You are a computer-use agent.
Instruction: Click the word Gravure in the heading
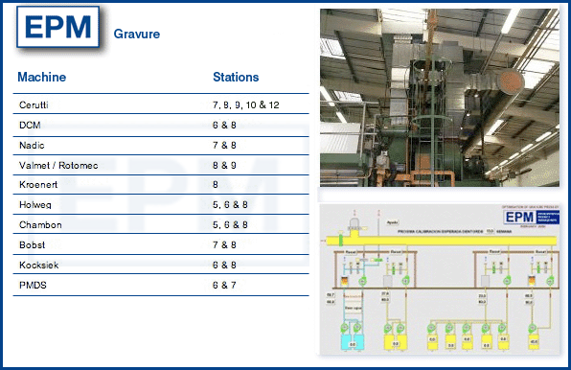click(x=136, y=34)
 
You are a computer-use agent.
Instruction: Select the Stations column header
click(x=236, y=77)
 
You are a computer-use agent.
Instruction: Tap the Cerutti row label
click(x=34, y=104)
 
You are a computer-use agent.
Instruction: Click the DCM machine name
click(x=30, y=125)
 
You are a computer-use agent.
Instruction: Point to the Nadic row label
click(x=32, y=145)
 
